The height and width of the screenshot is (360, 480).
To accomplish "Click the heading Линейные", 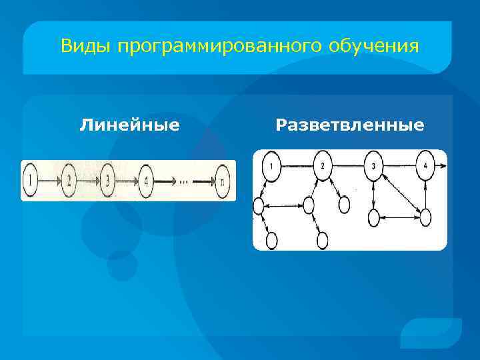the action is (129, 125).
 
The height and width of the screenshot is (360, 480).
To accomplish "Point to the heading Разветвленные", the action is (349, 125).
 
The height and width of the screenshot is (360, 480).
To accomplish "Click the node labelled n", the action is (223, 180).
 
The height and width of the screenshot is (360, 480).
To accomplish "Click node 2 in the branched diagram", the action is (322, 165).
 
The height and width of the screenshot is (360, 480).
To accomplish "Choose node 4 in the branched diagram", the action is (425, 165).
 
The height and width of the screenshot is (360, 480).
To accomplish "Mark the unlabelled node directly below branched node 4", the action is (425, 216).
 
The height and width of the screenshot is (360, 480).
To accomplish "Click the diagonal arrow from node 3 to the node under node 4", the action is (402, 192).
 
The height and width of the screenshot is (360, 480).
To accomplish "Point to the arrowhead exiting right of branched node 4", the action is (443, 165).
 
